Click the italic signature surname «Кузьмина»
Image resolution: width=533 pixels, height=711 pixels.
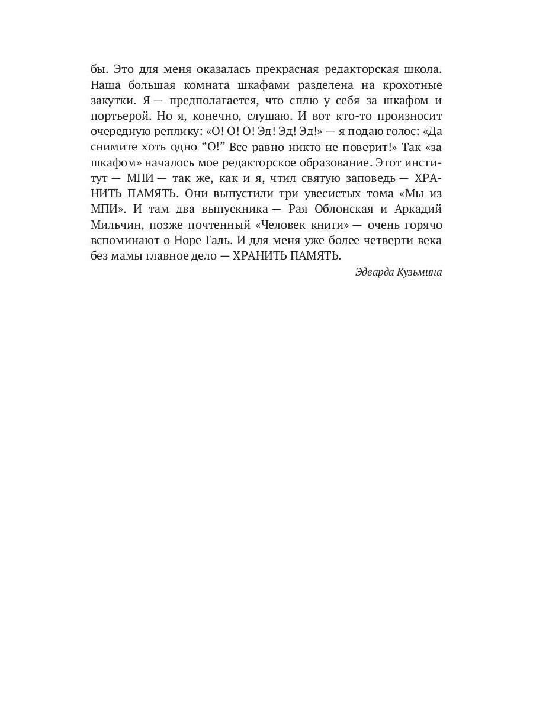point(418,273)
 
